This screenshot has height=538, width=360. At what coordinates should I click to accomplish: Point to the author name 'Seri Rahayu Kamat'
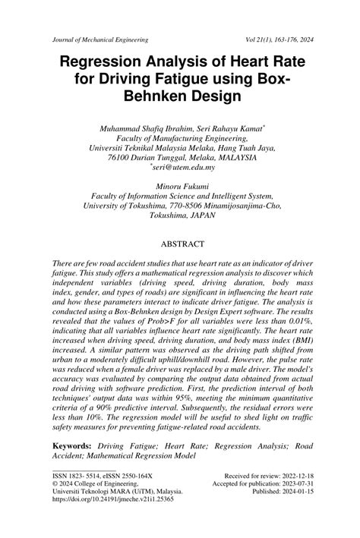229,129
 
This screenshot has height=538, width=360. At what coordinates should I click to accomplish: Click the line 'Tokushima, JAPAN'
180,215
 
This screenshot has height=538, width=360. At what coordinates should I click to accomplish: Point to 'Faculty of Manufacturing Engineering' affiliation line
180,139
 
